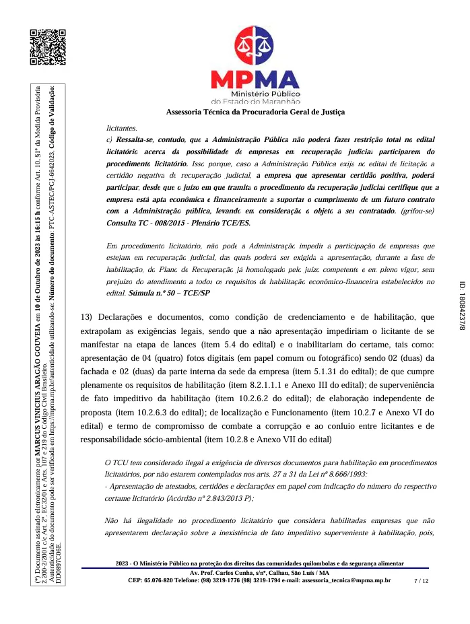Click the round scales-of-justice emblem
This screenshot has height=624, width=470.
click(x=255, y=46)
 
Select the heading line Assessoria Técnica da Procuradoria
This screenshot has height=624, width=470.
click(x=255, y=112)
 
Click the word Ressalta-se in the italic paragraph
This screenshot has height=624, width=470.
click(x=135, y=139)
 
